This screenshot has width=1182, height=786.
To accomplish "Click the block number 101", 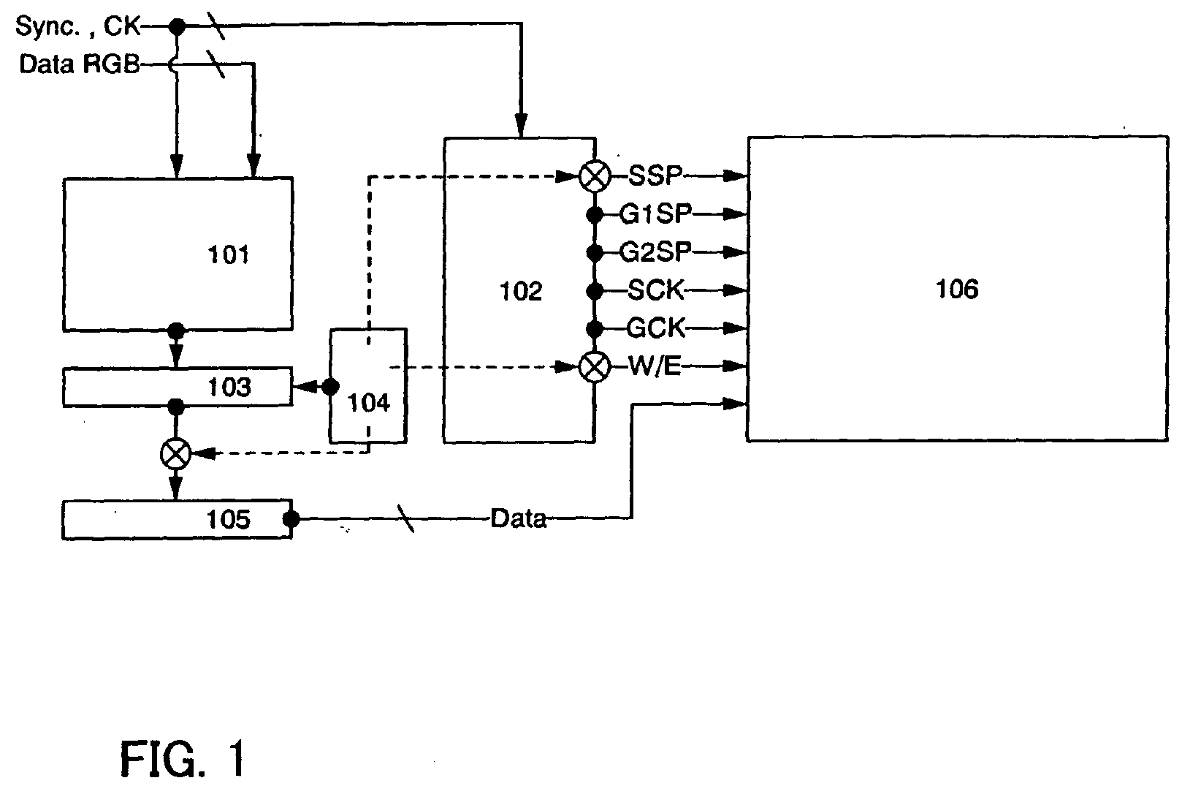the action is pos(228,254).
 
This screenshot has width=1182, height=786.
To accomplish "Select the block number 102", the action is pos(520,291).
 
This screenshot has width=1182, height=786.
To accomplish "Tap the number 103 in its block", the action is pos(229,388).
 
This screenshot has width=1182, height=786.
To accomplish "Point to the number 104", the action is pos(368,403).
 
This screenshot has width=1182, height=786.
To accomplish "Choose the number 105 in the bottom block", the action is pos(228,519).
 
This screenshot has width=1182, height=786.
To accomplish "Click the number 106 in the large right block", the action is pos(957,289).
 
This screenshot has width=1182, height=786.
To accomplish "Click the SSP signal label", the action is pos(655,175).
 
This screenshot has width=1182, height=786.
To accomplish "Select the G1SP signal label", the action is pos(655,214).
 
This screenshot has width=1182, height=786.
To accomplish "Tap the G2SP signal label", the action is pos(655,252).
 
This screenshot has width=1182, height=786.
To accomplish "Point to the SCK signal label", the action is pos(655,290).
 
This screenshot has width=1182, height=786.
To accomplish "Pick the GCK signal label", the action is pos(655,328).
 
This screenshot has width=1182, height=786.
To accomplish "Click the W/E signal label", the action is pos(655,366).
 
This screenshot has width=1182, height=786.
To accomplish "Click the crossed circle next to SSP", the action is pos(595,175).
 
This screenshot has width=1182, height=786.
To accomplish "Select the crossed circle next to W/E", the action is pos(595,366).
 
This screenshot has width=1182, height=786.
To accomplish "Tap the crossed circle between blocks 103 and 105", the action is pos(176,454).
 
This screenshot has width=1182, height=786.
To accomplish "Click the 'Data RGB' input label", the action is pos(79,64).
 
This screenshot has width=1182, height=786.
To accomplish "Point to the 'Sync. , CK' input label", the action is pos(78,26).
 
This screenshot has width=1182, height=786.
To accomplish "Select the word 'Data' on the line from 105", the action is pos(518,518).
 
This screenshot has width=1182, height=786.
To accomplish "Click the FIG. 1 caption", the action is pos(183,758).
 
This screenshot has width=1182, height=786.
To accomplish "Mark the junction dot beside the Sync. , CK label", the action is pos(177,26).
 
